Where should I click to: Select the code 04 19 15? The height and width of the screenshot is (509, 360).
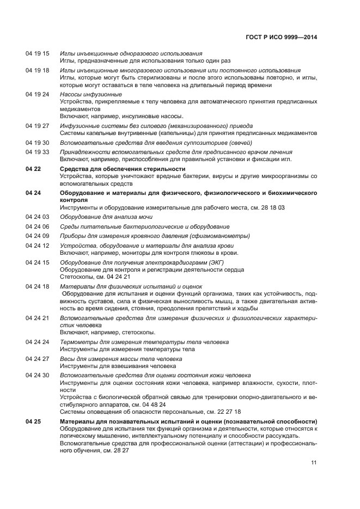pyautogui.click(x=37, y=53)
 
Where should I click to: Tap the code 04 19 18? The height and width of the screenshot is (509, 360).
pyautogui.click(x=37, y=70)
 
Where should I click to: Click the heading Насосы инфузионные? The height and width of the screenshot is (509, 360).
pyautogui.click(x=91, y=94)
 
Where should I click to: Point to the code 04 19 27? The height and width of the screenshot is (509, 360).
pyautogui.click(x=37, y=126)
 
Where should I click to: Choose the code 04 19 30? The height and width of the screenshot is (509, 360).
pyautogui.click(x=37, y=142)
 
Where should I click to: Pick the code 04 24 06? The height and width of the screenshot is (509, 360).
pyautogui.click(x=37, y=226)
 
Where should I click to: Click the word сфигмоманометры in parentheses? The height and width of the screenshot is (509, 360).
pyautogui.click(x=220, y=236)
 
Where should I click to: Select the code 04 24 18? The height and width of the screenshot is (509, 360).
pyautogui.click(x=37, y=286)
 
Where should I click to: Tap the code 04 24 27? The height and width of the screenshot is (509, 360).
pyautogui.click(x=37, y=359)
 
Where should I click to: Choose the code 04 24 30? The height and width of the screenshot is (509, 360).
pyautogui.click(x=37, y=375)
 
